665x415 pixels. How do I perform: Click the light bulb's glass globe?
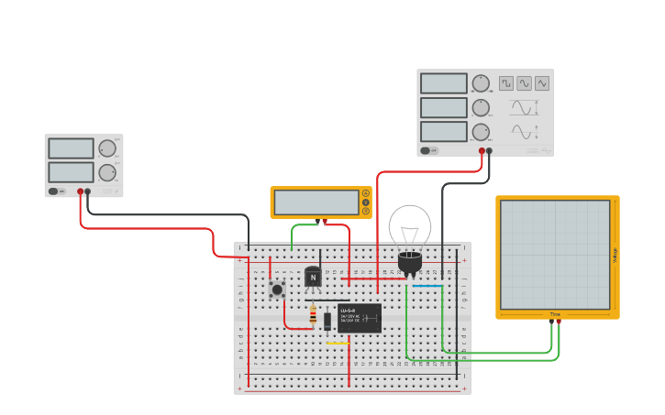(x=410, y=226)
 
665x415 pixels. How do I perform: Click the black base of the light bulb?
(x=410, y=263)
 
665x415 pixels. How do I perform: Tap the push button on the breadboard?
(x=277, y=290)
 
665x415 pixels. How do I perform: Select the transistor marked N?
(x=313, y=277)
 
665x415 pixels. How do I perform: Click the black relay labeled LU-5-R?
(x=360, y=318)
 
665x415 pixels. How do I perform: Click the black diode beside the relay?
(x=327, y=321)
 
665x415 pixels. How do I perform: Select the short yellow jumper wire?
(x=338, y=344)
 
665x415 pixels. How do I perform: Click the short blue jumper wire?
(x=427, y=286)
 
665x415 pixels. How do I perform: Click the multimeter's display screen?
(x=316, y=202)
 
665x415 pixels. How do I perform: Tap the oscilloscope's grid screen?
(x=555, y=255)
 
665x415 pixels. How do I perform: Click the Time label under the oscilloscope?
(x=555, y=314)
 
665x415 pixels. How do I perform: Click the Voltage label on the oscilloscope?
(x=615, y=256)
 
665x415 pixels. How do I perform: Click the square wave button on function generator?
(x=506, y=83)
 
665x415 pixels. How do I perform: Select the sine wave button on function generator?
(x=524, y=83)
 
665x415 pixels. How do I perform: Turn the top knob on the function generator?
(x=481, y=83)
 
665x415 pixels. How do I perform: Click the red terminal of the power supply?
(x=81, y=191)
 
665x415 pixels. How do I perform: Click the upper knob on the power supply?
(x=107, y=148)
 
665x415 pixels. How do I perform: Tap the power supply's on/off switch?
(x=54, y=191)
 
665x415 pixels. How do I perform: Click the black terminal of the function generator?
(x=489, y=151)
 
